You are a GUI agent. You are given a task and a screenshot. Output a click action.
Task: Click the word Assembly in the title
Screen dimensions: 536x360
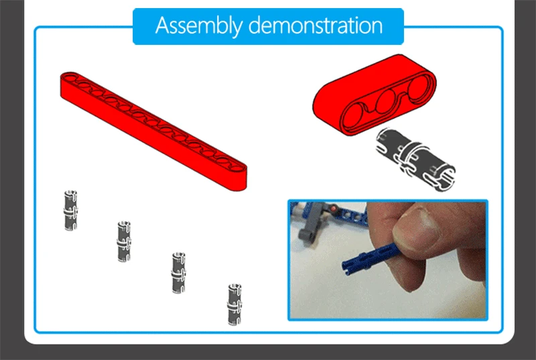point(198,25)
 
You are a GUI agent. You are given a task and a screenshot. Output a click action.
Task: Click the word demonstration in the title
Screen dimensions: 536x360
point(316,25)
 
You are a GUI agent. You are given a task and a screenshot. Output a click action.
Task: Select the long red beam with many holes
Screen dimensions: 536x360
point(153,131)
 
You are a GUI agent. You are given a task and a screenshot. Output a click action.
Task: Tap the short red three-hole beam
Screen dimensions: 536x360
point(375,95)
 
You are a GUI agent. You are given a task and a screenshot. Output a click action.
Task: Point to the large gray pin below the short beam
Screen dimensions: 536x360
point(415,160)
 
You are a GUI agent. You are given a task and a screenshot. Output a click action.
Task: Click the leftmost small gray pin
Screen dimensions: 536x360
point(70,211)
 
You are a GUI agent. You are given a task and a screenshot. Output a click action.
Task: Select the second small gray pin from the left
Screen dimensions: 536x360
point(124,241)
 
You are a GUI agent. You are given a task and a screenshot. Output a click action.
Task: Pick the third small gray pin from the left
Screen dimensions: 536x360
point(178,272)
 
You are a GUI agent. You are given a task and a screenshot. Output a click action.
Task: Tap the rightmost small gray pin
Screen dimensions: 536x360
point(234,304)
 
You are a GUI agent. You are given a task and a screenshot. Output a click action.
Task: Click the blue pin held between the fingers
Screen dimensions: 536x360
point(371,259)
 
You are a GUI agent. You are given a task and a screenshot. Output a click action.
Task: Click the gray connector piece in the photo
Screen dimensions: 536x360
point(313,222)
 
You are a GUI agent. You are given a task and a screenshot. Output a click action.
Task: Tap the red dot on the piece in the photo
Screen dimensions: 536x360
point(333,208)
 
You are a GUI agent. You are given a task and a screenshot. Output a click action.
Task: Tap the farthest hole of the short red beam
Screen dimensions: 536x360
point(419,88)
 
